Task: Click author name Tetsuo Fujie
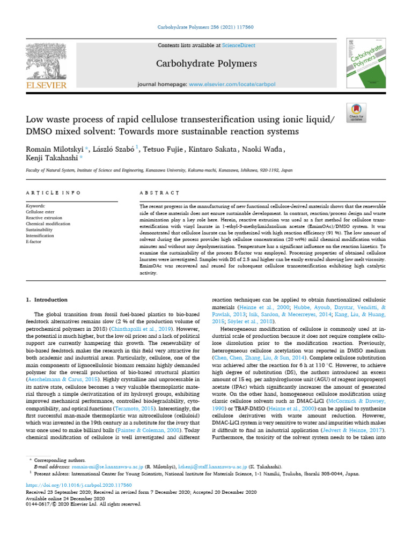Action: (x=161, y=149)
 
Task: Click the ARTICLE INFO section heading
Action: (x=53, y=192)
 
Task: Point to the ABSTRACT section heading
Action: (x=159, y=192)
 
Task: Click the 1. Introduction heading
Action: (x=47, y=300)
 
